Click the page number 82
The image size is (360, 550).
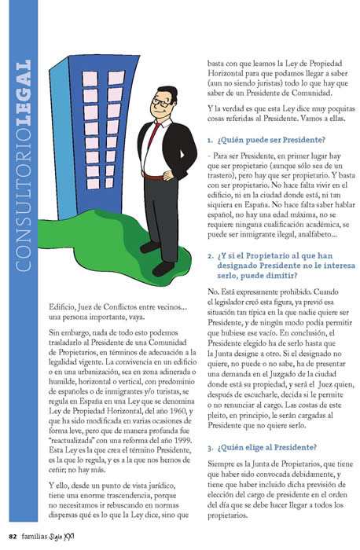pos(11,537)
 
